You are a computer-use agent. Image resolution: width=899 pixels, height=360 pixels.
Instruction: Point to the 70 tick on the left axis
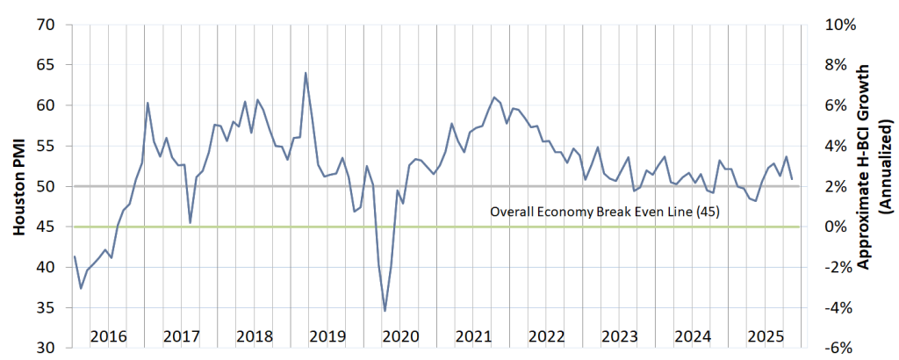[45, 25]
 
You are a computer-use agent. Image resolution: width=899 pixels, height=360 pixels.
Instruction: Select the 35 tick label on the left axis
[45, 308]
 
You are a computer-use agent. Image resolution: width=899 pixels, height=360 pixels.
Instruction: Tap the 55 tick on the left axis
[45, 146]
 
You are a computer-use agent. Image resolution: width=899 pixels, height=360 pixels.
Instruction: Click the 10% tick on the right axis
[841, 25]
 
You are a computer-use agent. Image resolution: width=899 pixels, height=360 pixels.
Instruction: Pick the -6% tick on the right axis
[839, 349]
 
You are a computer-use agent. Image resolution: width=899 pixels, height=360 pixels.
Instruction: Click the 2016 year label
[108, 336]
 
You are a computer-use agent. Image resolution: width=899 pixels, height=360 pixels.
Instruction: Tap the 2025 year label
[765, 336]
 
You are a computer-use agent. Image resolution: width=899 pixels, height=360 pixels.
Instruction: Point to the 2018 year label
[254, 336]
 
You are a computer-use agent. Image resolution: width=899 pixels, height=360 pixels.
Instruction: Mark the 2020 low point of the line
[385, 311]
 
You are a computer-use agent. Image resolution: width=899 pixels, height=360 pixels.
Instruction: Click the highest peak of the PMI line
[306, 73]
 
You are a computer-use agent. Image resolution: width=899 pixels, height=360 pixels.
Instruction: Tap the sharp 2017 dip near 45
[191, 222]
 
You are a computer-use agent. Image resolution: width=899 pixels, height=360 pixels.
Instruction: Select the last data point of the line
[793, 179]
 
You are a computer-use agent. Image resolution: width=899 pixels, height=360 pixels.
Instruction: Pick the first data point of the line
[75, 256]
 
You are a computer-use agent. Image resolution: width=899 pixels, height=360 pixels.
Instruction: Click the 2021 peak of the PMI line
[494, 97]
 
